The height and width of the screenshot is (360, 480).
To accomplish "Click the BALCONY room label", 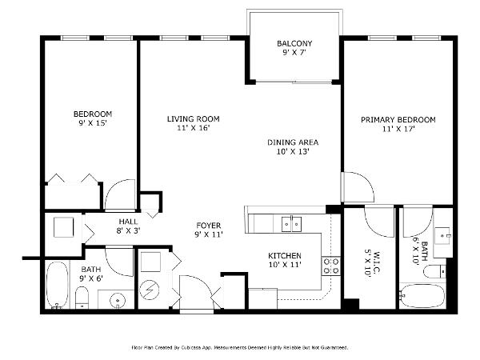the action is tap(294, 43).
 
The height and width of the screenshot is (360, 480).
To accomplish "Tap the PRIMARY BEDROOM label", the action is tap(398, 120).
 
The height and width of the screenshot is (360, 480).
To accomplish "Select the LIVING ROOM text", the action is tap(193, 118).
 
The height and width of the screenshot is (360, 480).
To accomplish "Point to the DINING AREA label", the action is tap(293, 142).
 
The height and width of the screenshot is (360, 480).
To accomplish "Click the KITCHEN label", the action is tap(284, 256).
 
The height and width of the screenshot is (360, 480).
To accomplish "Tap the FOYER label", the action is tap(209, 226).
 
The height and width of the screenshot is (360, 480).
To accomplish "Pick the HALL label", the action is tap(128, 222).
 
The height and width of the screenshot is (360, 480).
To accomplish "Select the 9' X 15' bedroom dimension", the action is tap(93, 123).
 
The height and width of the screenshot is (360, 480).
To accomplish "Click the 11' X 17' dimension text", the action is tap(398, 129).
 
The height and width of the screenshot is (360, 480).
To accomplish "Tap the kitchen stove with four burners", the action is tap(331, 266).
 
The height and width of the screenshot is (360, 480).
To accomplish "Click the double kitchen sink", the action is tap(291, 224).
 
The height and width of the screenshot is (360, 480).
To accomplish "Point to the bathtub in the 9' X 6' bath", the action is tap(57, 285).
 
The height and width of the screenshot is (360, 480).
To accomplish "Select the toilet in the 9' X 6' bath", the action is tap(82, 298).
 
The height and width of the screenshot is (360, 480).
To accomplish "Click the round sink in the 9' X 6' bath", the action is tap(118, 299).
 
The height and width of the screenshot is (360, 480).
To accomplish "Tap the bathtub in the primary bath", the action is tap(422, 296).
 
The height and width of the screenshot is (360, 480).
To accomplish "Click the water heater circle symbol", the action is tap(150, 290).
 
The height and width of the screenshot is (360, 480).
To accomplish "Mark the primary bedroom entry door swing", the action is tap(358, 186).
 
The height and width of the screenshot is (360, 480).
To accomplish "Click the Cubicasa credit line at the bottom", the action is tap(240, 347).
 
